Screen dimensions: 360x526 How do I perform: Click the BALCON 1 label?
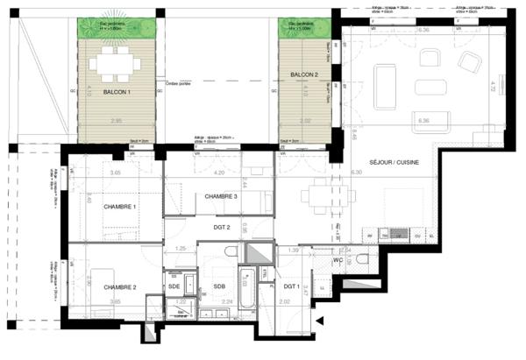(117, 92)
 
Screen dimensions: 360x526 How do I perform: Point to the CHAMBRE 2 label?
(119, 287)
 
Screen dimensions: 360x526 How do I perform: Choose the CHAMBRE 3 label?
(216, 197)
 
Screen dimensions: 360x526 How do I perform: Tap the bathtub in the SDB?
(248, 298)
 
